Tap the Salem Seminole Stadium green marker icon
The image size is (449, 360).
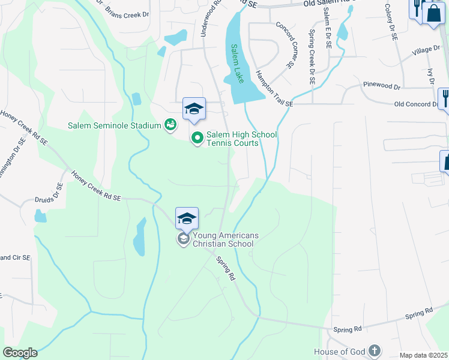click(170, 125)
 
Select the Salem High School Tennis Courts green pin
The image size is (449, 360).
click(197, 139)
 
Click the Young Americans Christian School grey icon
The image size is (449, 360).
click(182, 239)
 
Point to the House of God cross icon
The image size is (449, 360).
click(374, 351)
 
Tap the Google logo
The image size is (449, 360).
click(20, 353)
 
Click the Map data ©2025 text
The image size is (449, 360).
click(424, 355)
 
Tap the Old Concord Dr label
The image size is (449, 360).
click(417, 104)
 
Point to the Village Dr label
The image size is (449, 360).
click(426, 52)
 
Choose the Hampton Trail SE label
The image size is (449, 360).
click(273, 87)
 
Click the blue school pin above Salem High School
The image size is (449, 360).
click(194, 109)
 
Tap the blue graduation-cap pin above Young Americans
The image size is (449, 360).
click(187, 218)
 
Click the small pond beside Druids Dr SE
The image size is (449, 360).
click(40, 216)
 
